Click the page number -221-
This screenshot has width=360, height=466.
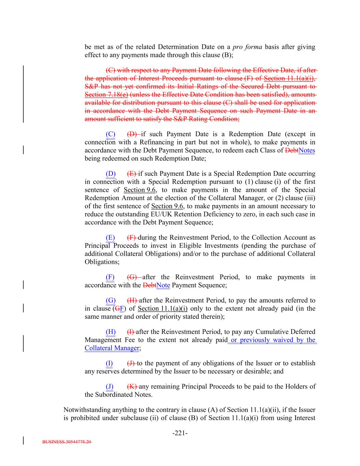click(x=180, y=433)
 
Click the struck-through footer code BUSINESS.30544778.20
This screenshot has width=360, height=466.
click(x=67, y=442)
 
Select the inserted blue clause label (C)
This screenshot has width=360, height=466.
click(x=111, y=134)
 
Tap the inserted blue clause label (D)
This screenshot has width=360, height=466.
click(x=111, y=174)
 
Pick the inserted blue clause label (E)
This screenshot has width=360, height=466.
click(x=110, y=238)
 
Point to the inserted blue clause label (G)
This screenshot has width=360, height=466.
click(x=111, y=300)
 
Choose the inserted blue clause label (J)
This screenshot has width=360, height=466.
click(x=110, y=386)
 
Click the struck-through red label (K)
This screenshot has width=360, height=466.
click(x=132, y=386)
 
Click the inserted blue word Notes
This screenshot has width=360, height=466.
click(x=306, y=151)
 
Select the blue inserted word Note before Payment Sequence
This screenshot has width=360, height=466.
click(x=163, y=285)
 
